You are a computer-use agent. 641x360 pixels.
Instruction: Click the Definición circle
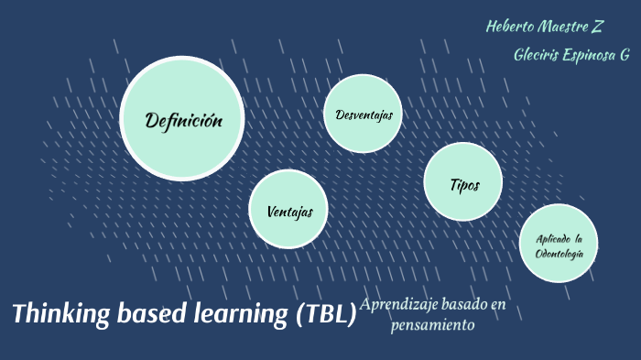click(x=182, y=119)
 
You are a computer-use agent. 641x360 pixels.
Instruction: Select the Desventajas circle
click(x=364, y=115)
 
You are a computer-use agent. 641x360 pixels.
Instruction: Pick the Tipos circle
click(x=463, y=183)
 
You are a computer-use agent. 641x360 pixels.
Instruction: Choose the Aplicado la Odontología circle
click(x=559, y=243)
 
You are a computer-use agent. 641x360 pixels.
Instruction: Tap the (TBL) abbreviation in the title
click(x=325, y=315)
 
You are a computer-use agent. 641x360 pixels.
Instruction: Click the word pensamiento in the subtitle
click(x=432, y=324)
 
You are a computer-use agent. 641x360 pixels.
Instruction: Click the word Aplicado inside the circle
click(x=552, y=238)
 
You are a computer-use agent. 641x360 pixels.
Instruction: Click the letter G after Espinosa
click(x=625, y=55)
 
